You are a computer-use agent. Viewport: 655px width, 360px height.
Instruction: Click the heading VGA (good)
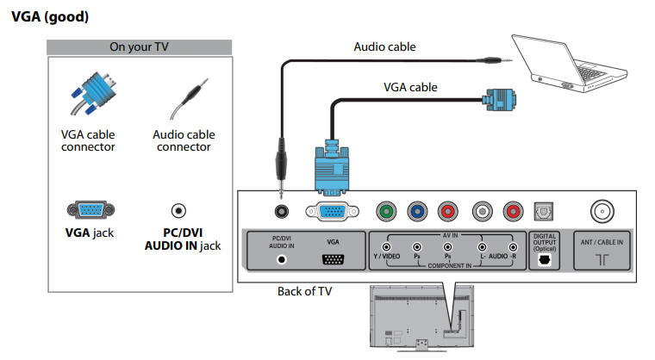tap(50, 16)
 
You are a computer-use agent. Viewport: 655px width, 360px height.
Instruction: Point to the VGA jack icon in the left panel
tap(89, 209)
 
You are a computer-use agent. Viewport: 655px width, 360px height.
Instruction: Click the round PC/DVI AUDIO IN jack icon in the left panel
tap(178, 209)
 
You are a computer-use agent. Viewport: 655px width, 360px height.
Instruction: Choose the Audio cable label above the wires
tap(384, 47)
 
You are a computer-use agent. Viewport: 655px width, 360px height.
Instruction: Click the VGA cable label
tap(410, 87)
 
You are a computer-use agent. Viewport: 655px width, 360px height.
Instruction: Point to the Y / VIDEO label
tap(386, 257)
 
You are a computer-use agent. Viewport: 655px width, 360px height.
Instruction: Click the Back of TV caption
tap(304, 291)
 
